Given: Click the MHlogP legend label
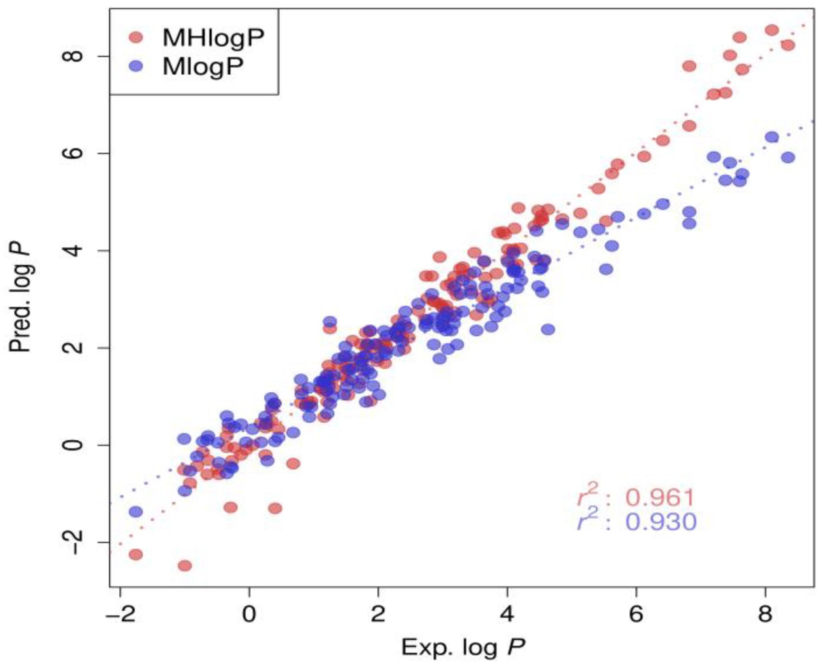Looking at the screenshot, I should (213, 38).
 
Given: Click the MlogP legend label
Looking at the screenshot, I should (203, 67).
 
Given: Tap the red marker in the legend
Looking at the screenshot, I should (136, 37).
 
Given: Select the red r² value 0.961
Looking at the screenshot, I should (660, 498).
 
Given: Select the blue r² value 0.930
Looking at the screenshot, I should (661, 522).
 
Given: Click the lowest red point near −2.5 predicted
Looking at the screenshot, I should (185, 566).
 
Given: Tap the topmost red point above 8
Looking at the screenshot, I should (772, 30).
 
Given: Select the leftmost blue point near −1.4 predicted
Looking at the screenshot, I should (136, 512).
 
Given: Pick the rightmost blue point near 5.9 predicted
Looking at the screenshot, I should (788, 157).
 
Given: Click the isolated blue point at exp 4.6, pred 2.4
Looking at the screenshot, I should (548, 329).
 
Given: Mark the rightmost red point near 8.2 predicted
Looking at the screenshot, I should (788, 45).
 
